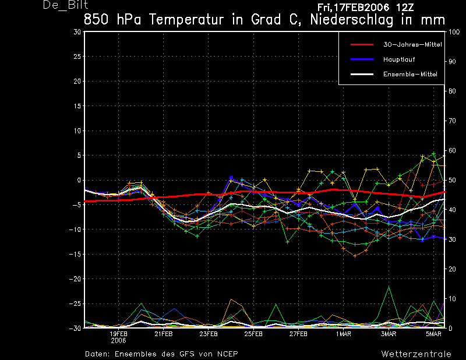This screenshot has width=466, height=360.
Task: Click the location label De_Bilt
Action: pyautogui.click(x=65, y=5)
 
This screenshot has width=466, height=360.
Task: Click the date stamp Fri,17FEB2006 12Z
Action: pyautogui.click(x=366, y=8)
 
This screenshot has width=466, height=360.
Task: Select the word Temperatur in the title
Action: pyautogui.click(x=186, y=20)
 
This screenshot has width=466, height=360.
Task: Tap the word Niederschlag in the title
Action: pyautogui.click(x=352, y=20)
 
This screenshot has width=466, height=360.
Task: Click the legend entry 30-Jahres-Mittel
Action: pyautogui.click(x=412, y=45)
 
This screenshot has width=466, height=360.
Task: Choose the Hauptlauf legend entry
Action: pyautogui.click(x=399, y=59)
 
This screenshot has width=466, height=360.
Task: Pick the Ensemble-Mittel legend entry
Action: pyautogui.click(x=410, y=75)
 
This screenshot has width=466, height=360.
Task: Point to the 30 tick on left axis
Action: pyautogui.click(x=77, y=32)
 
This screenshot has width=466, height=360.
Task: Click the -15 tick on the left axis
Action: pyautogui.click(x=75, y=254)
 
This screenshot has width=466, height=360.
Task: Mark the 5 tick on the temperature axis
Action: pyautogui.click(x=79, y=155)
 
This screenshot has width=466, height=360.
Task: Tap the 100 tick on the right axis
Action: pyautogui.click(x=454, y=32)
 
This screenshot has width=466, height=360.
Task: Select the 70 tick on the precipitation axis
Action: pyautogui.click(x=452, y=121)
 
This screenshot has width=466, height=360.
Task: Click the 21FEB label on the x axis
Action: pyautogui.click(x=164, y=334)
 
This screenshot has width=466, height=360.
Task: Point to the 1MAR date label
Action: pyautogui.click(x=343, y=334)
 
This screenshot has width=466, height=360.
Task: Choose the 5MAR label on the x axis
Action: pyautogui.click(x=433, y=334)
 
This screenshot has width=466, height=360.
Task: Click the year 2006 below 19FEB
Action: pyautogui.click(x=119, y=341)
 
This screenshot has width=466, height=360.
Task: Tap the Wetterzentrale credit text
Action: pyautogui.click(x=416, y=354)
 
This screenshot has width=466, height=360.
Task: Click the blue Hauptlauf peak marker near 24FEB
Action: pyautogui.click(x=231, y=178)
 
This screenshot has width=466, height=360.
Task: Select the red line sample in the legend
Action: pyautogui.click(x=362, y=45)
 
